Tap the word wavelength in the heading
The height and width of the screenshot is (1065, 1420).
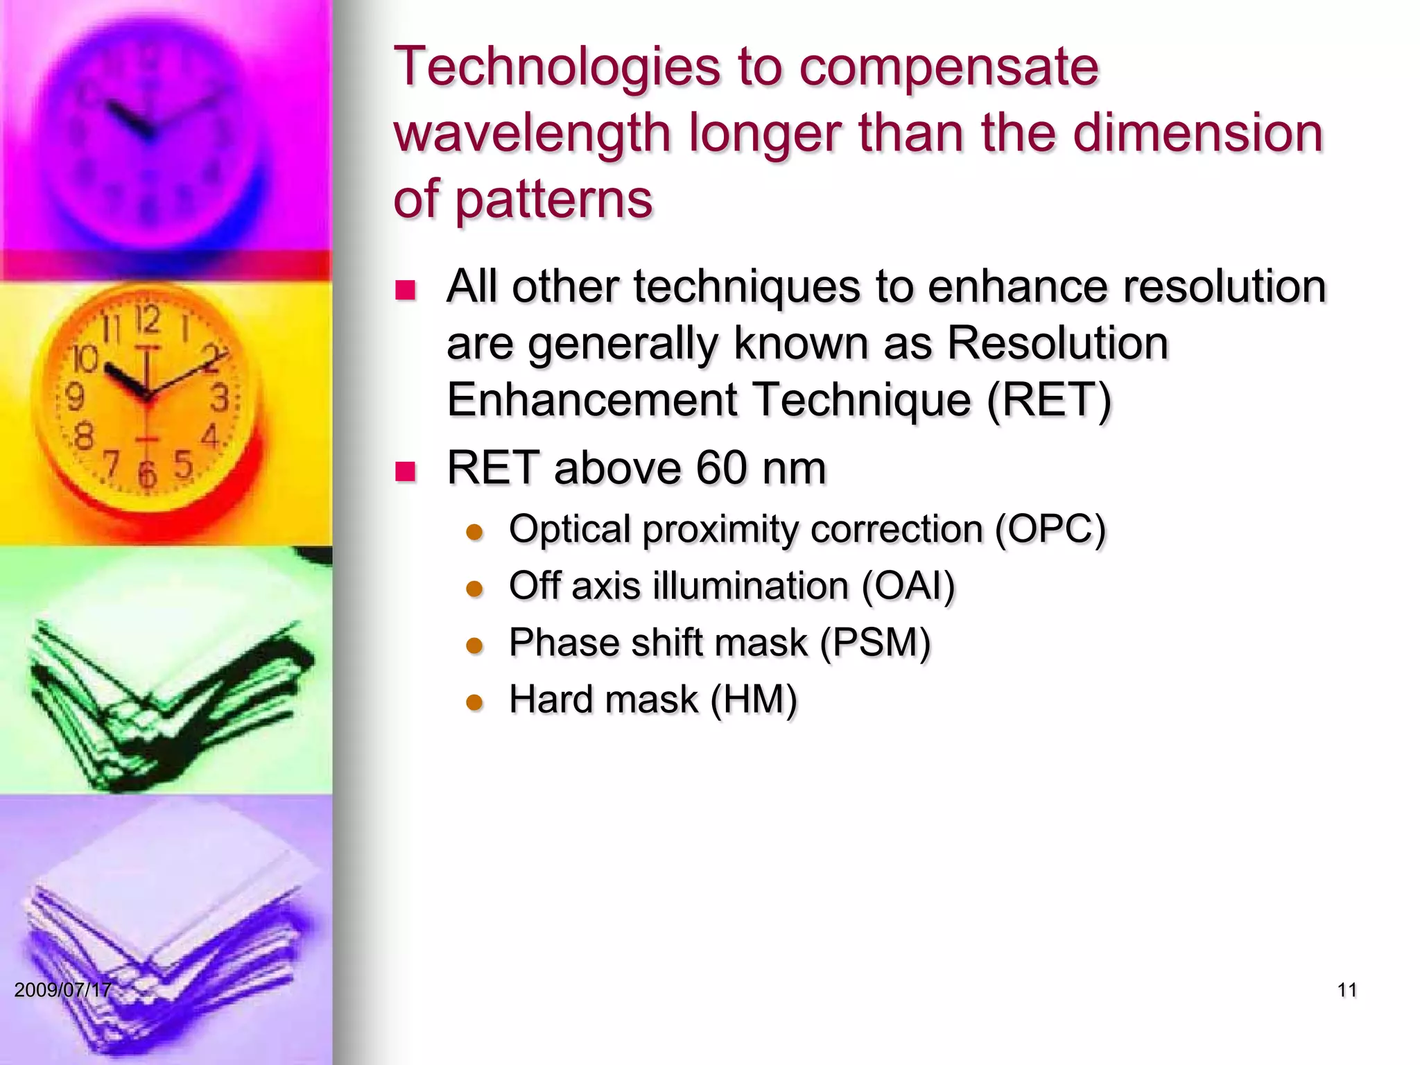tap(532, 133)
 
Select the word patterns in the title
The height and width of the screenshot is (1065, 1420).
tap(554, 199)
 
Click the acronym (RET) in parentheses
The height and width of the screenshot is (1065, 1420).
tap(1049, 400)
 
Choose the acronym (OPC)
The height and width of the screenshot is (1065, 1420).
tap(1050, 530)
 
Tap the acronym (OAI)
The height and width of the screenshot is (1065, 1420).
tap(908, 586)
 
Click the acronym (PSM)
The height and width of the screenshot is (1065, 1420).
tap(875, 643)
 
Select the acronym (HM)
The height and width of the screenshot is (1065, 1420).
tap(754, 700)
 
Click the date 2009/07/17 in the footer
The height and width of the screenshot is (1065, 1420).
tap(62, 989)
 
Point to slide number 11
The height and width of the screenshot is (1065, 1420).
tap(1347, 990)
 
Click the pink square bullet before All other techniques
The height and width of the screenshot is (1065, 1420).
tap(405, 289)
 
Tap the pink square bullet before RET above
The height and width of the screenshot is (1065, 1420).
tap(405, 471)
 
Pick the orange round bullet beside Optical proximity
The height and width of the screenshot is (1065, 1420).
tap(474, 532)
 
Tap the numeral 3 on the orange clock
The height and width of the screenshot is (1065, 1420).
tap(220, 399)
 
